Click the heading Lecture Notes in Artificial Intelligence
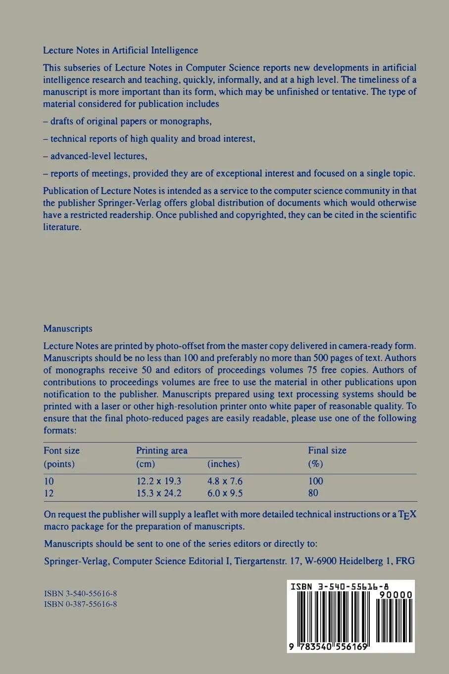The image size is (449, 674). pos(120,50)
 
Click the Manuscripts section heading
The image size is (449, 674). pos(68,329)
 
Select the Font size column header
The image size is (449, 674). pos(61,450)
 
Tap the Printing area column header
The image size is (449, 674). pos(162,450)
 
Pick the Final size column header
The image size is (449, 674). pos(327,450)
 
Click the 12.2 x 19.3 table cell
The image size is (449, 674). pos(159,481)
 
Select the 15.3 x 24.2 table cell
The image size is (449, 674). pos(159,493)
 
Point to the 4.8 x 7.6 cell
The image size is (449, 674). pos(225,481)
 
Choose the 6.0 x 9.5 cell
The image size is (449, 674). pos(225,493)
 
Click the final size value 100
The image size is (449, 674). pos(315,481)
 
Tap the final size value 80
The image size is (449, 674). pos(313,493)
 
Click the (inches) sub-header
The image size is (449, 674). pos(223,464)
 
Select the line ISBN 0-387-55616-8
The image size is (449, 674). pos(80,604)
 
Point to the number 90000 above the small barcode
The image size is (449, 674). pos(394,595)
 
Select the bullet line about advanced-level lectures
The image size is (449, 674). pos(95,156)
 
